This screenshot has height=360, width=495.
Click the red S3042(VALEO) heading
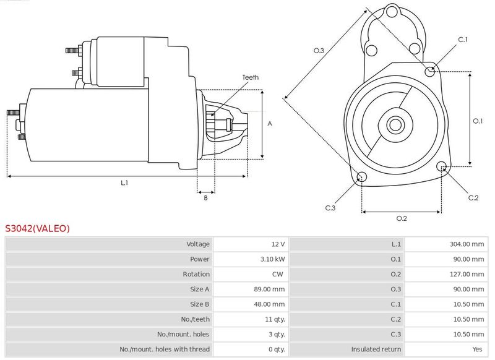(x=37, y=228)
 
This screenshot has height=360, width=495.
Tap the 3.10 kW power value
(x=272, y=259)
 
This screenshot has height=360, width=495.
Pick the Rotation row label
(x=196, y=274)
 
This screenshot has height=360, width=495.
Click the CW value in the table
(x=277, y=274)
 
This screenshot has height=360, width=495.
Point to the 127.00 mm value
(x=467, y=274)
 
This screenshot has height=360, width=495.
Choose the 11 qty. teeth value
(x=275, y=319)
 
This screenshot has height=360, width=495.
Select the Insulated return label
(x=376, y=349)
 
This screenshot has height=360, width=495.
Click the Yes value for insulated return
(x=477, y=349)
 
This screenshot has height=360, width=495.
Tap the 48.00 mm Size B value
(x=269, y=304)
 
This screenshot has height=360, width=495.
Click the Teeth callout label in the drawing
(x=251, y=77)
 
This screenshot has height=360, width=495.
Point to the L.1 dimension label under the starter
(x=124, y=182)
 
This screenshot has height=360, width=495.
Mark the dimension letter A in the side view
(x=270, y=124)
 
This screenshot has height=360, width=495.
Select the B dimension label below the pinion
(x=205, y=198)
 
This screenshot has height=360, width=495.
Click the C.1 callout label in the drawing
(x=462, y=40)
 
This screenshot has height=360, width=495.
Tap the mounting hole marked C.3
(x=361, y=177)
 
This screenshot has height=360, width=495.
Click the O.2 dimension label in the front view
(x=402, y=218)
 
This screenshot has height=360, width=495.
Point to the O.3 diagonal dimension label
(x=319, y=51)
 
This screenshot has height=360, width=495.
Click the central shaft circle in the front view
(x=395, y=124)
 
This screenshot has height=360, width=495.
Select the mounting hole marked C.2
(x=442, y=166)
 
